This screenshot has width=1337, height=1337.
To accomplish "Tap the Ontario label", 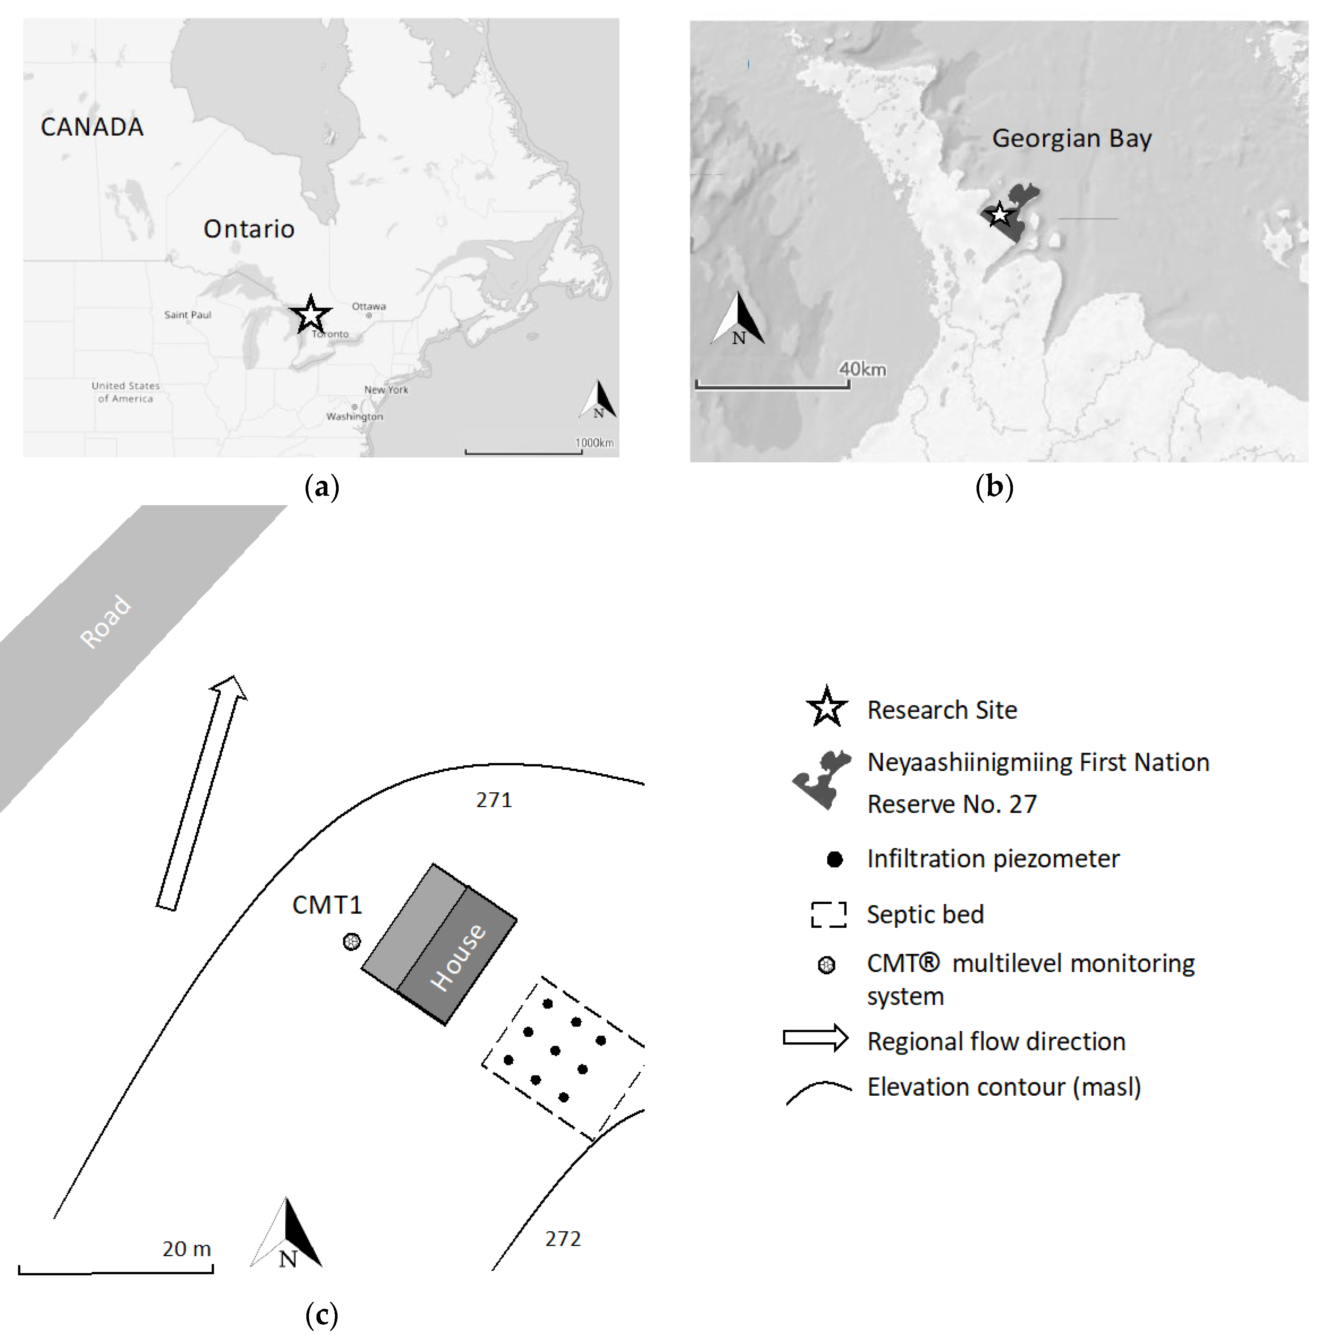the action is [x=249, y=229].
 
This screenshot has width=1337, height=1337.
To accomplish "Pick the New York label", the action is [x=386, y=390].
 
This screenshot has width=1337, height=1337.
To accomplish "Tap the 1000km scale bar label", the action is [x=595, y=443].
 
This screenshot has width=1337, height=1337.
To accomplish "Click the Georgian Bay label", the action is [x=1072, y=138].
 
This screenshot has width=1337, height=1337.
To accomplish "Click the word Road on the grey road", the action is [x=105, y=621].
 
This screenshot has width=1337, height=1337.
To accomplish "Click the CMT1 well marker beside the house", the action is [x=351, y=942].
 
